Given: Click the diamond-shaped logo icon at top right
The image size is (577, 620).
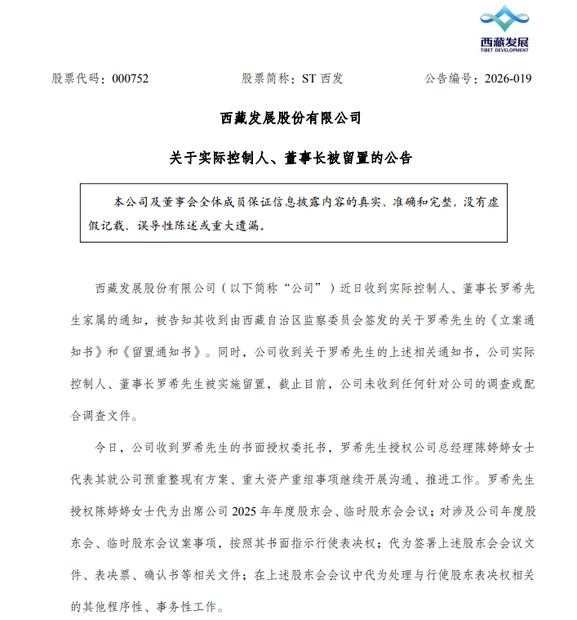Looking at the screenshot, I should click(x=504, y=20).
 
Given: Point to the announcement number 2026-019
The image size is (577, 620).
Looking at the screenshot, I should click(x=508, y=79).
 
